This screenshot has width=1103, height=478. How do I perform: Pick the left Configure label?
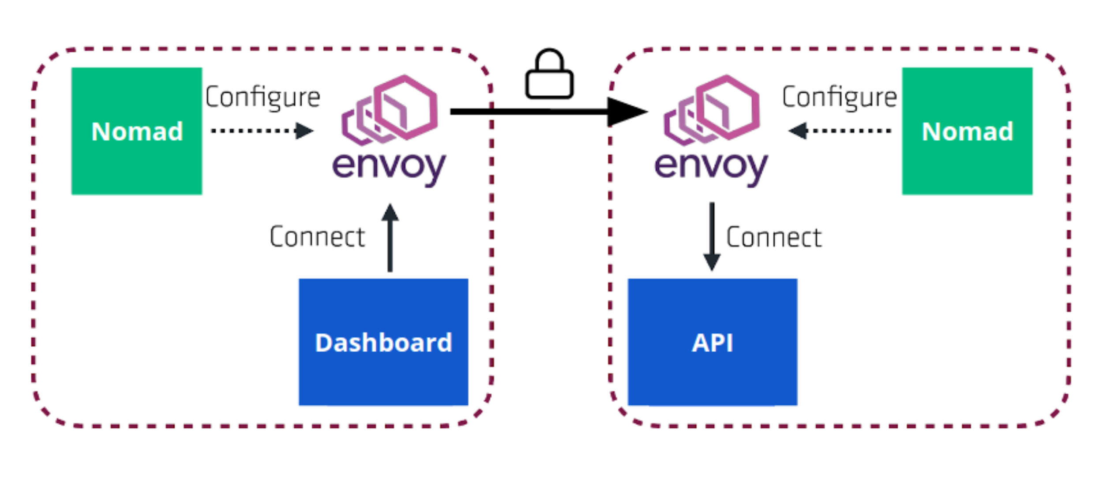pyautogui.click(x=263, y=97)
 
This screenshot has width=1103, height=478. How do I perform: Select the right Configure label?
pyautogui.click(x=839, y=97)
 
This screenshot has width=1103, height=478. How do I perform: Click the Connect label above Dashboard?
pyautogui.click(x=317, y=237)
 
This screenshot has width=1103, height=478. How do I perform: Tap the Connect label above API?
pyautogui.click(x=773, y=238)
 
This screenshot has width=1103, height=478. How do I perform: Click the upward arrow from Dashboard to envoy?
pyautogui.click(x=390, y=238)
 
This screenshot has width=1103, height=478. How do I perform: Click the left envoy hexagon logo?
pyautogui.click(x=390, y=110)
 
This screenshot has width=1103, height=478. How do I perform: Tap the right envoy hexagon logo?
pyautogui.click(x=712, y=110)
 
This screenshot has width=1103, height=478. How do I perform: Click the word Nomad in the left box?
pyautogui.click(x=137, y=131)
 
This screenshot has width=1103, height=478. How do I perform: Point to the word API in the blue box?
pyautogui.click(x=712, y=343)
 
